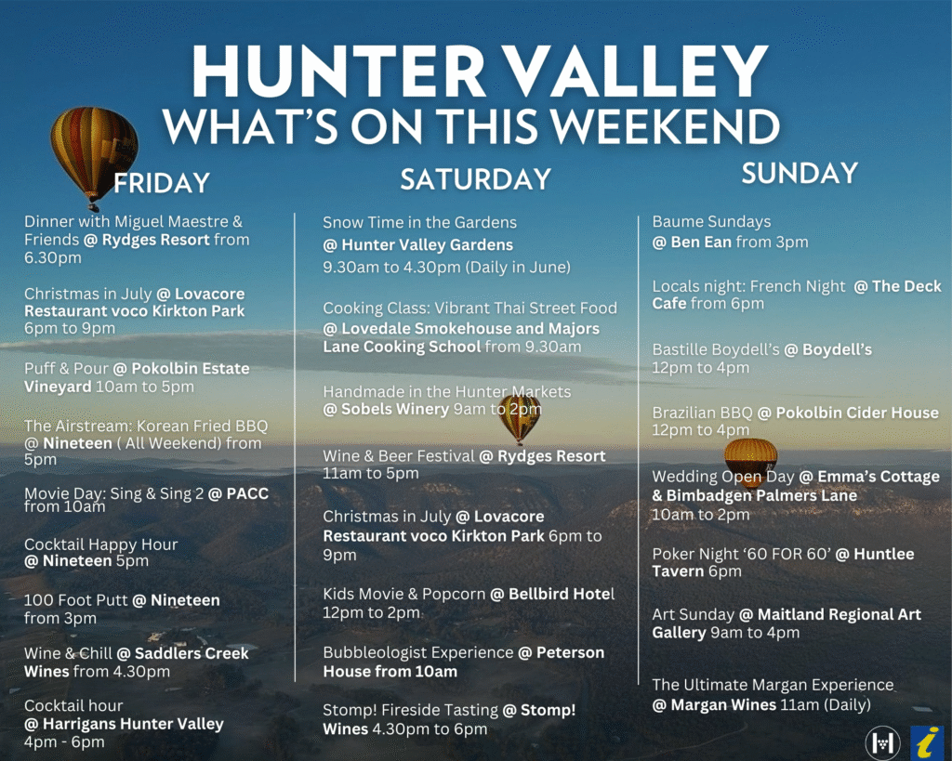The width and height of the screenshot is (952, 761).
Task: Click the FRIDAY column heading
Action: pyautogui.click(x=162, y=183)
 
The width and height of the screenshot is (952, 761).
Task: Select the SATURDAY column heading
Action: pyautogui.click(x=475, y=179)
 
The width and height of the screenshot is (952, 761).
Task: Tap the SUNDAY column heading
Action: pyautogui.click(x=800, y=173)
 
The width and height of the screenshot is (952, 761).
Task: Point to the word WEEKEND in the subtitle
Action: pyautogui.click(x=668, y=126)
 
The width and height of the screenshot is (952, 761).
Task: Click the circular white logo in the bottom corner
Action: pyautogui.click(x=882, y=741)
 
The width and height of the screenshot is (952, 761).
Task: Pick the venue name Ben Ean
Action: pyautogui.click(x=701, y=243)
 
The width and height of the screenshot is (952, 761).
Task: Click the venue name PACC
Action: pyautogui.click(x=247, y=493)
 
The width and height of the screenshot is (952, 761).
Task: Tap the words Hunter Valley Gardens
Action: pyautogui.click(x=428, y=244)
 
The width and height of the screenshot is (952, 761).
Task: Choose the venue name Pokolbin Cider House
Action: pyautogui.click(x=857, y=413)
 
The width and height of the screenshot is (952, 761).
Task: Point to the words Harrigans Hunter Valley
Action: pyautogui.click(x=133, y=724)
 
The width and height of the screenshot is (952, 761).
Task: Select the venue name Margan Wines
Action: pyautogui.click(x=723, y=704)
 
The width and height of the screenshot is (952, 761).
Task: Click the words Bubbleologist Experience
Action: pyautogui.click(x=417, y=652)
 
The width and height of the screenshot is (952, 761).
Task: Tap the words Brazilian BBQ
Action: pyautogui.click(x=702, y=413)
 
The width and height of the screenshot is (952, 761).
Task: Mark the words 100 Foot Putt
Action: pyautogui.click(x=76, y=600)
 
